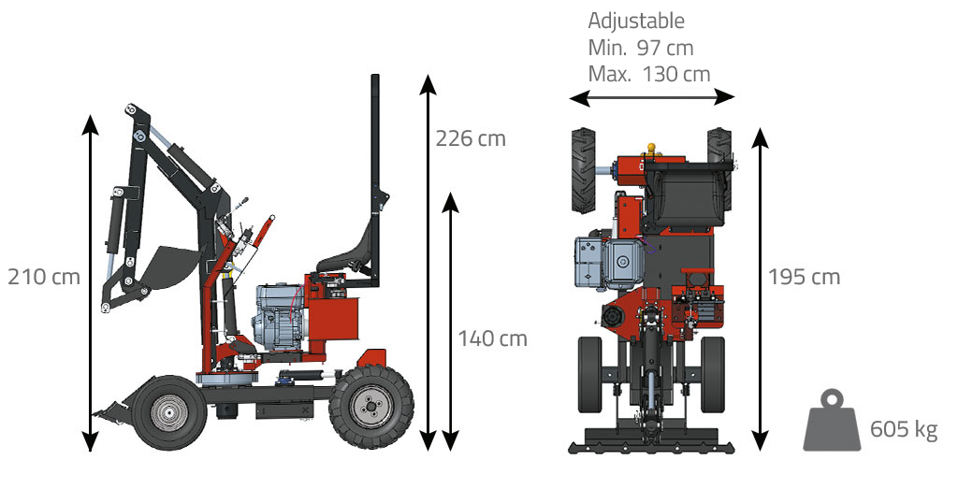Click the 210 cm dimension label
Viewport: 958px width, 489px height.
tap(44, 277)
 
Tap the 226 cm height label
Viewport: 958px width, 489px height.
tap(471, 138)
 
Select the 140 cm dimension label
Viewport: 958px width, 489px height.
tap(492, 338)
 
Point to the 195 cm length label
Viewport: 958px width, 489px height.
tap(804, 277)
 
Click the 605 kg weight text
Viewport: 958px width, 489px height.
tap(904, 428)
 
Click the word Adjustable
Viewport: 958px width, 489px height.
tap(636, 21)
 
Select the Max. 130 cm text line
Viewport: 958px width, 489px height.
tap(649, 74)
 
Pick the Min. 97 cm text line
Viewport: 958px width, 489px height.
tap(640, 48)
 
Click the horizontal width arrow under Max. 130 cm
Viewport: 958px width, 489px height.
tap(651, 97)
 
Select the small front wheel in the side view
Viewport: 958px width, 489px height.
tap(170, 412)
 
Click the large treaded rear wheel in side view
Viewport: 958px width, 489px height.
tap(370, 407)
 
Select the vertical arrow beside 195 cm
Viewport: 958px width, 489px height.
tap(760, 289)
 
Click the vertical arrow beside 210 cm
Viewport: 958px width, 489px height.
tap(91, 282)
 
